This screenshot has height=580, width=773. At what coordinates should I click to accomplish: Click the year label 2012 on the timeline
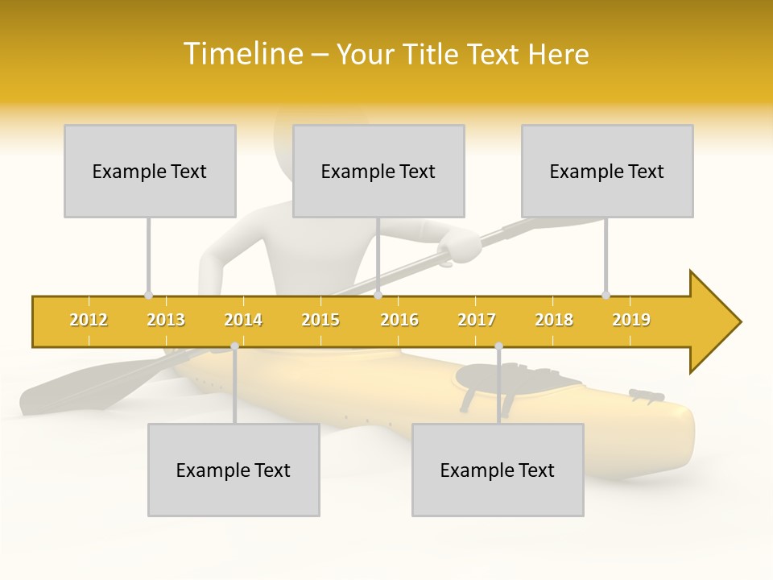[x=89, y=320]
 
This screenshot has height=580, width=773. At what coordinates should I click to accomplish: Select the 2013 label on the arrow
[x=166, y=320]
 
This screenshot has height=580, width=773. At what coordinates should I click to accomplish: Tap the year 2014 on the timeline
[x=243, y=320]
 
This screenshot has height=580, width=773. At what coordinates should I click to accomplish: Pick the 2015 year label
[x=320, y=320]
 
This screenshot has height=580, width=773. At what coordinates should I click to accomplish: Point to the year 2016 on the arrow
[x=399, y=320]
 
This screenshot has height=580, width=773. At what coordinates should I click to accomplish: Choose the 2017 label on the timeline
[x=477, y=320]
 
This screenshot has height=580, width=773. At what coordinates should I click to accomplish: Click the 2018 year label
[x=554, y=320]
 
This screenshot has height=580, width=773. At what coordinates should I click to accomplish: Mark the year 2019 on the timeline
[x=631, y=320]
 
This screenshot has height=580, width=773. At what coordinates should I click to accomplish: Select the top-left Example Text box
[x=150, y=171]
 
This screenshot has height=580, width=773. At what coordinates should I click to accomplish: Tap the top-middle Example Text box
[x=378, y=171]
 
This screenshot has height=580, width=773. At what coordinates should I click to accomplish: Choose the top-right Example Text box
[x=607, y=171]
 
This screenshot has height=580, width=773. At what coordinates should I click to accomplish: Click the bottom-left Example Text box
[x=234, y=470]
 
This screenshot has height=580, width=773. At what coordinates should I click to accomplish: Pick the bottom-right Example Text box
[x=498, y=470]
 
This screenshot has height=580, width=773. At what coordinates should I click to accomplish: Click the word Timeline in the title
[x=242, y=54]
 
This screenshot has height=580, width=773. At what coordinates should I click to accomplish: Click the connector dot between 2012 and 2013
[x=148, y=296]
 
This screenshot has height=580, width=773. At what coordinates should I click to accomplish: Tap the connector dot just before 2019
[x=606, y=296]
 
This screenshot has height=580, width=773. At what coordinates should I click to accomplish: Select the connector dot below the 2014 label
[x=234, y=346]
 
